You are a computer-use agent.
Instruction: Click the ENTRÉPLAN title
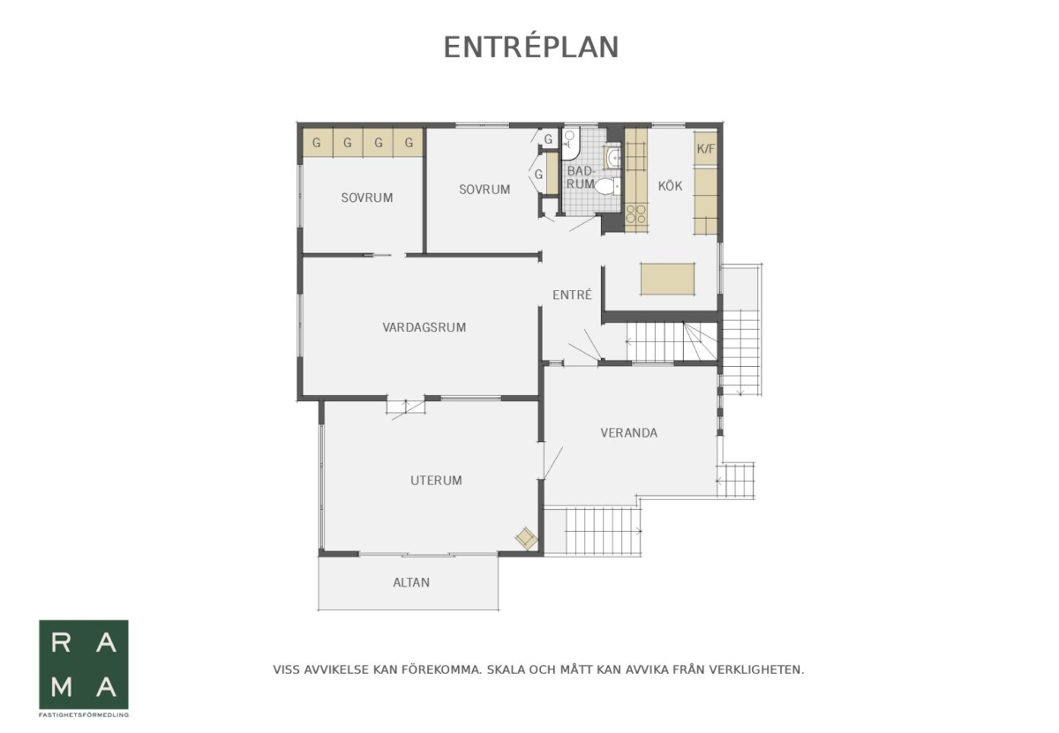(531, 47)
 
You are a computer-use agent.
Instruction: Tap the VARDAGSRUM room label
(424, 327)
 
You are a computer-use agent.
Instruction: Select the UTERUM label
(436, 481)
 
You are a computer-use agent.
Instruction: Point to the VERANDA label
(628, 433)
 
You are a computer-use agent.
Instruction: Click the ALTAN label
(411, 582)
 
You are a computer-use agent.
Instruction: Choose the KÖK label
(670, 186)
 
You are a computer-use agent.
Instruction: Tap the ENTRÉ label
(572, 295)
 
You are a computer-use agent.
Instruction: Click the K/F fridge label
(706, 149)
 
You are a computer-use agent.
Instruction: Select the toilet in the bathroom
(607, 186)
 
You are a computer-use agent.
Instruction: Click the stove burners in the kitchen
(636, 213)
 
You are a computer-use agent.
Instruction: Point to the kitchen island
(667, 279)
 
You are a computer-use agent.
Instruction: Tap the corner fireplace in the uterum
(527, 538)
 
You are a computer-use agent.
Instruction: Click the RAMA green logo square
(84, 664)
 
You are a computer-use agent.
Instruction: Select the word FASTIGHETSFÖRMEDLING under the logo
(84, 714)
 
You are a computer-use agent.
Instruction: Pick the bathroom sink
(612, 157)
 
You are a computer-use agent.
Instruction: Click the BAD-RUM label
(581, 177)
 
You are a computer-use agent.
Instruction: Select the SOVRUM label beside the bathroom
(484, 190)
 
